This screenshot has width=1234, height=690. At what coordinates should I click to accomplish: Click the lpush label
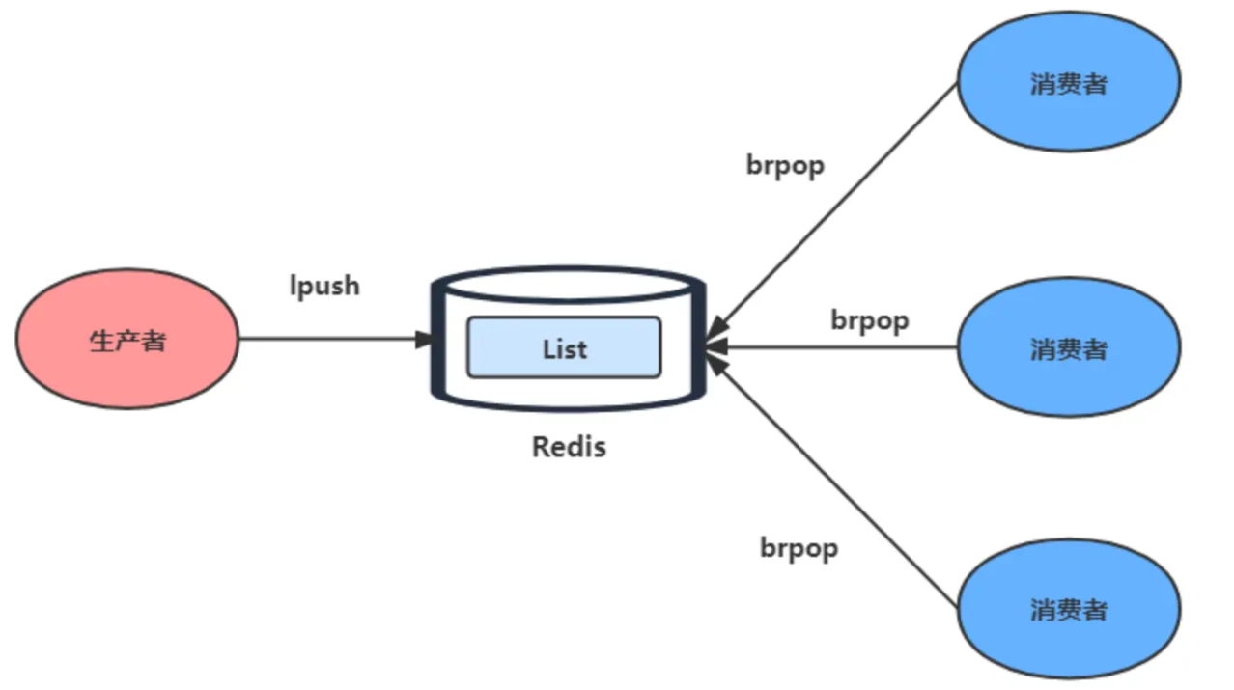(x=324, y=286)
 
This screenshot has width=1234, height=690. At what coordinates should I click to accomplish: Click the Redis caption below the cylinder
(x=569, y=447)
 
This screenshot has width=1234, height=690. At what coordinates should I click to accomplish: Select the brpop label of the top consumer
(x=785, y=165)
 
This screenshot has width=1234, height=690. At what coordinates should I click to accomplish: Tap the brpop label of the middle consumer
(x=869, y=319)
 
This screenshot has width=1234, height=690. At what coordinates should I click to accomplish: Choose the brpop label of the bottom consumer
(x=799, y=548)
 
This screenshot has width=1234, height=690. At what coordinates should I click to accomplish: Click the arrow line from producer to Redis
(x=328, y=339)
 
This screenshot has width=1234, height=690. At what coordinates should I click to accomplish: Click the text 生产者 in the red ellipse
(x=127, y=341)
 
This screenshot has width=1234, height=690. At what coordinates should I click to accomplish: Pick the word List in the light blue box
(x=564, y=348)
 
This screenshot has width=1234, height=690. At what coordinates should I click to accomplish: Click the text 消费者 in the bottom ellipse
(x=1068, y=610)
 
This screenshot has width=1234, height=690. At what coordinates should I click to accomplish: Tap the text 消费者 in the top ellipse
(x=1068, y=84)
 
